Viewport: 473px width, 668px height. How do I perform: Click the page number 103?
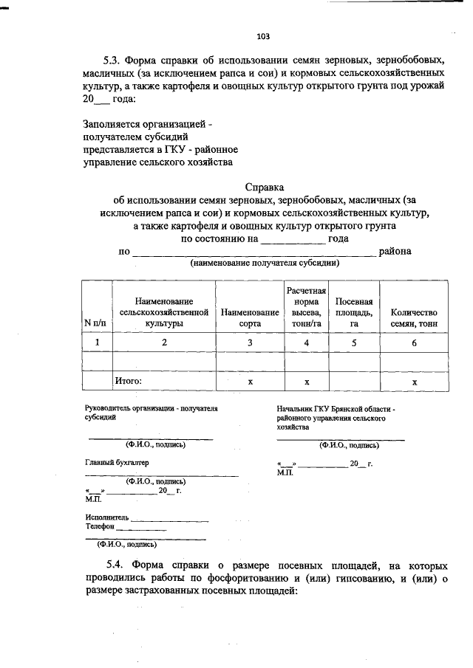pos(263,35)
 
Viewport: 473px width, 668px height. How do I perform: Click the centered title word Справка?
pos(264,187)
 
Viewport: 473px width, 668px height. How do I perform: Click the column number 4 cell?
pos(306,342)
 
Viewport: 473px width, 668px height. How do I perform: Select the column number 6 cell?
pos(415,342)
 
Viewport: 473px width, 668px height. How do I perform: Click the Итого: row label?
pos(128,381)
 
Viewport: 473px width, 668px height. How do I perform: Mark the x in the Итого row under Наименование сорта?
pos(250,382)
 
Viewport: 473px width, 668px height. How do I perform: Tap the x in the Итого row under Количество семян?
pos(415,382)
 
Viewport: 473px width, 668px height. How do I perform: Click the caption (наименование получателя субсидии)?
pos(265,263)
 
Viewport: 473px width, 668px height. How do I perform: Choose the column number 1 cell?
pos(95,342)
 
